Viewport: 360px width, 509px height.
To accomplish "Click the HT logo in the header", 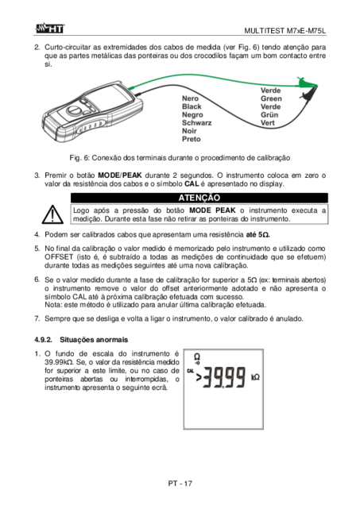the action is click(x=50, y=29).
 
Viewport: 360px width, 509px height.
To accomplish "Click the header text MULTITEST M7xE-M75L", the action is click(x=285, y=31).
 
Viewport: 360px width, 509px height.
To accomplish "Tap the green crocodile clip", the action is click(x=307, y=83).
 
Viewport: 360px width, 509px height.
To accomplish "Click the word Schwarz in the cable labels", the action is click(x=196, y=123).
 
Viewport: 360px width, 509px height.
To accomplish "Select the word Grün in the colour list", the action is click(x=269, y=114).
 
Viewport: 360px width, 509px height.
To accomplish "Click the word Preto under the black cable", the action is click(x=191, y=139).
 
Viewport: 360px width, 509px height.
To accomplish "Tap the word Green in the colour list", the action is click(x=271, y=98).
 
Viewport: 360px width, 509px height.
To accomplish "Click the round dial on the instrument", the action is click(x=73, y=110).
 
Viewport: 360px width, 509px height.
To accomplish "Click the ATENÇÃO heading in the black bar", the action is click(x=199, y=198).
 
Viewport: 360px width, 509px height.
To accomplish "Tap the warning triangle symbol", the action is click(x=52, y=214).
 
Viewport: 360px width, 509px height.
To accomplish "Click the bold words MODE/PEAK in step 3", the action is click(x=119, y=175).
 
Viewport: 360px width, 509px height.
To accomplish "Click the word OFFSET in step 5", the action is click(x=59, y=257).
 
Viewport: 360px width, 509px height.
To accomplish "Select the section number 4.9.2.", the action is click(x=43, y=340).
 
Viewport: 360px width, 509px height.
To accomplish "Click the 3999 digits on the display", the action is click(x=225, y=377).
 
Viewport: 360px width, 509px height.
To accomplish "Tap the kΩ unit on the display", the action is click(x=255, y=377).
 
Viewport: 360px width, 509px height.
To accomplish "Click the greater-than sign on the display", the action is click(x=199, y=377).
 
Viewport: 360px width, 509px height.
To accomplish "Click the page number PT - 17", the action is click(x=180, y=484).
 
